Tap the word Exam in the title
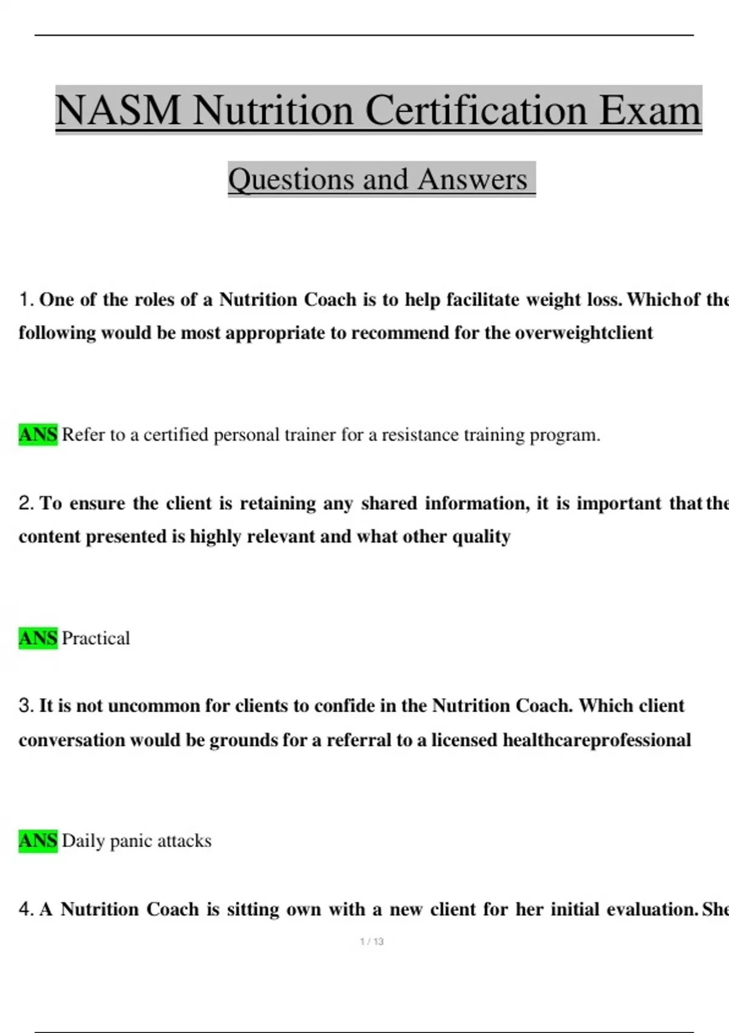[x=650, y=111]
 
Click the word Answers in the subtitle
[x=473, y=180]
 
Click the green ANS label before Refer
[x=38, y=435]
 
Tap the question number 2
[x=26, y=503]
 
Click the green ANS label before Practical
[x=38, y=638]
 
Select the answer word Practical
[x=96, y=638]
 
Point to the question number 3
[x=26, y=706]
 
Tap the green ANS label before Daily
[x=38, y=841]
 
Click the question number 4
[x=26, y=910]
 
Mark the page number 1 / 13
[x=372, y=942]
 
